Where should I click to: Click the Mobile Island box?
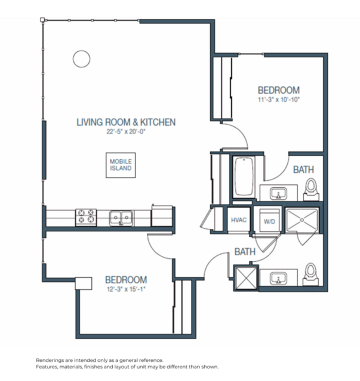click(x=120, y=165)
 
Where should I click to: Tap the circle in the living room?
click(x=81, y=58)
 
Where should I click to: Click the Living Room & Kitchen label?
click(x=126, y=123)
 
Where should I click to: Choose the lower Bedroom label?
click(x=126, y=279)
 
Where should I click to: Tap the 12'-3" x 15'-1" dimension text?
click(x=126, y=290)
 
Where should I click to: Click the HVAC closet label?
click(x=239, y=221)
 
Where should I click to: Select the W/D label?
click(x=269, y=221)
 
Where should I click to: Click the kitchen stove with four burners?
click(x=86, y=217)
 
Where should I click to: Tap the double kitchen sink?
click(x=121, y=217)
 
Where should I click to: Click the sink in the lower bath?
click(x=278, y=278)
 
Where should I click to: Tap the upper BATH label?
click(x=303, y=170)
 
